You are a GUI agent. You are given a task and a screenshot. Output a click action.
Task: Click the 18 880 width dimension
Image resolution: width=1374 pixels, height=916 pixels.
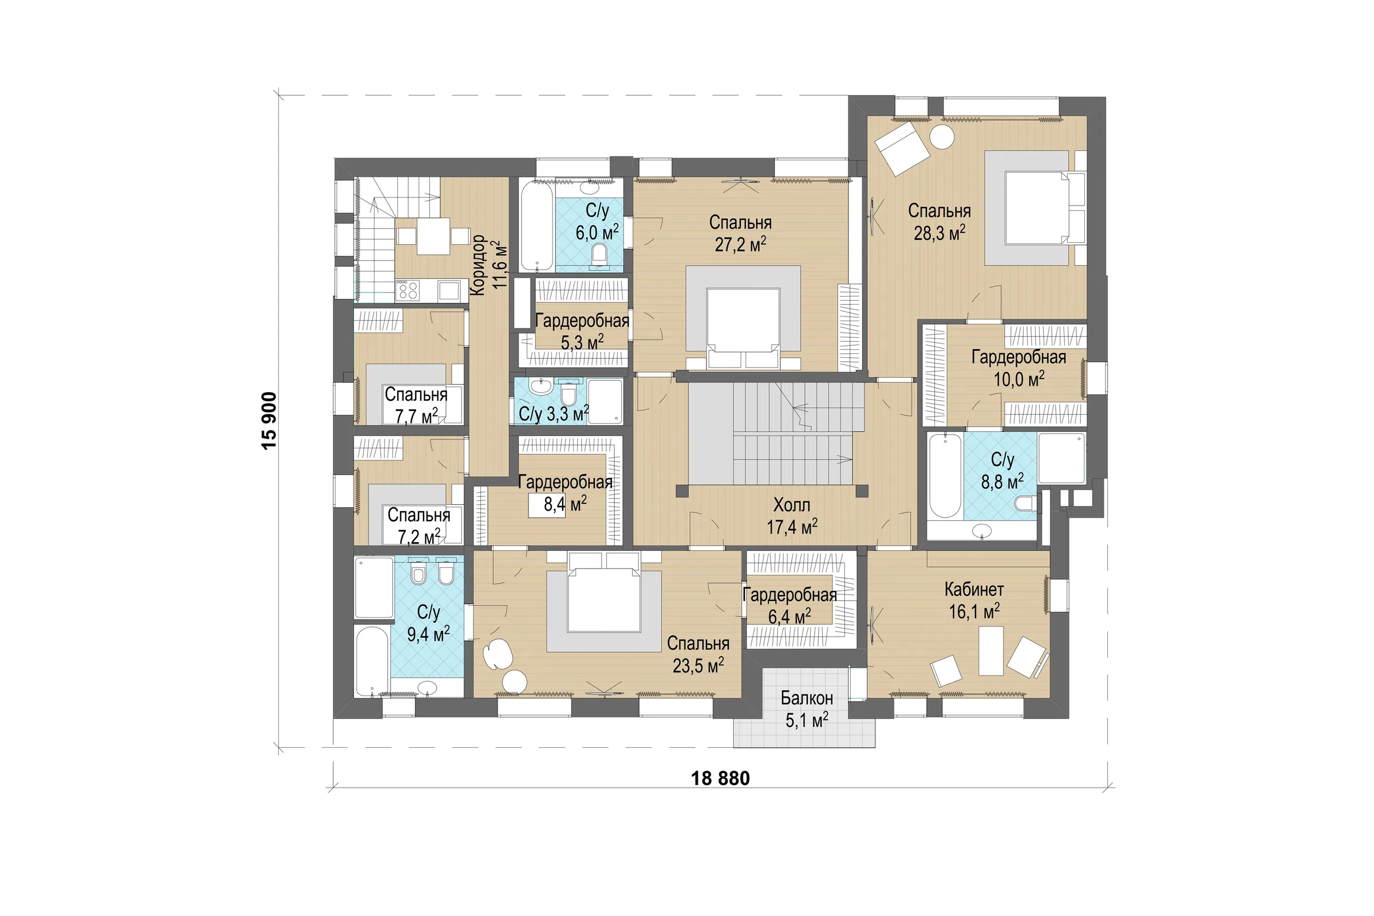pos(720,778)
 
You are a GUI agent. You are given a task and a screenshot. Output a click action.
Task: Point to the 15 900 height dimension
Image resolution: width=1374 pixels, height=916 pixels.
pos(269,420)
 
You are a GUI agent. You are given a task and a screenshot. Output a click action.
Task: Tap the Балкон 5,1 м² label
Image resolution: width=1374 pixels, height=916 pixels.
pos(807,709)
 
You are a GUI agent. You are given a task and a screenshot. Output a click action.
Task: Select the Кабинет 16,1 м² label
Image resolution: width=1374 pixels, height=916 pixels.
pos(974,601)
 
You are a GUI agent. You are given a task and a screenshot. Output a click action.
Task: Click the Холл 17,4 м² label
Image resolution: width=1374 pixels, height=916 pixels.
pos(792,516)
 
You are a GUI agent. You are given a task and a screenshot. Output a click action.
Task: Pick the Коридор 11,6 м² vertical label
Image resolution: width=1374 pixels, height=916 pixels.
pos(487,264)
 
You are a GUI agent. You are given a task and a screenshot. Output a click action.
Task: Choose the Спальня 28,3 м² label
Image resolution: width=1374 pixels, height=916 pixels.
pos(939,222)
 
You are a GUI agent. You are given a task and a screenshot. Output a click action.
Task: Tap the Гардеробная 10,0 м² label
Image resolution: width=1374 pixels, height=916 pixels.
pos(1019,368)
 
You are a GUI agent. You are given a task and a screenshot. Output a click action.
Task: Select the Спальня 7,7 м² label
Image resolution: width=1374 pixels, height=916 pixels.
pos(416,405)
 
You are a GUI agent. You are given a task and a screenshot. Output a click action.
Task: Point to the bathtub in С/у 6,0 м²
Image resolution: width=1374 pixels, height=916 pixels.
pos(536,226)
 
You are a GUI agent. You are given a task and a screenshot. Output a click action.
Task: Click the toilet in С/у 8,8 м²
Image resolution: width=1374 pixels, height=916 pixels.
pos(1026,503)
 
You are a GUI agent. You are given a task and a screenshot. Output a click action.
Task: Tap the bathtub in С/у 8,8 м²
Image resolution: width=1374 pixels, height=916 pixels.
pos(944,476)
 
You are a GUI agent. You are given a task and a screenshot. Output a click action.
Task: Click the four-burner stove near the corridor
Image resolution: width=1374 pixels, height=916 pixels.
pos(408,290)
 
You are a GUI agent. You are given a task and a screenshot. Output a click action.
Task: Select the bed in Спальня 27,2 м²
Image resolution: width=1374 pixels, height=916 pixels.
pos(743,328)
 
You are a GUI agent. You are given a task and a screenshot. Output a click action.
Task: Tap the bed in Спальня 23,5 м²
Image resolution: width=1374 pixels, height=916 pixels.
pos(604,592)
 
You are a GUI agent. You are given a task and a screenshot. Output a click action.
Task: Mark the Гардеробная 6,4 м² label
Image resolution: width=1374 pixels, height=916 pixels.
pos(789,606)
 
